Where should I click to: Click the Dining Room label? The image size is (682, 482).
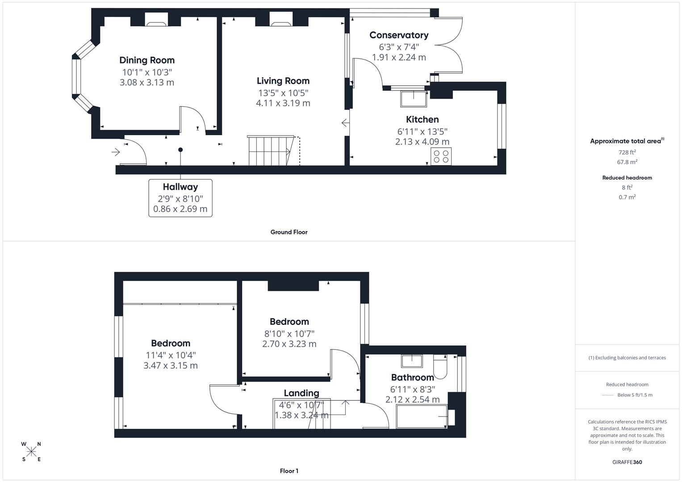coord(147,60)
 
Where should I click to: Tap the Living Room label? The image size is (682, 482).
coord(283,81)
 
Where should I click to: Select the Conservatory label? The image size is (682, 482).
coord(399,35)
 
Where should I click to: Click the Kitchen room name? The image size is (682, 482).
coord(422,120)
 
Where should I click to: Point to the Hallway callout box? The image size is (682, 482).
coord(180,198)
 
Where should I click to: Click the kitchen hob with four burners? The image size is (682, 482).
coord(441,157)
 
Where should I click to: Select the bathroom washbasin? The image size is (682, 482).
coord(412,360)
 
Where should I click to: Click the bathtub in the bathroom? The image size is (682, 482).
coord(422,416)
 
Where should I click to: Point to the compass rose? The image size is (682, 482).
coord(31,451)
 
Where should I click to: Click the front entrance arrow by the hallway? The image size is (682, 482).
coord(116,153)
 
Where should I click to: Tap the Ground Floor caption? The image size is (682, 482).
coord(289,232)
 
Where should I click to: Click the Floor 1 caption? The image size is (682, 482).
coord(289,471)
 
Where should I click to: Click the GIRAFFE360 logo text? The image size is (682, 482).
coord(627,462)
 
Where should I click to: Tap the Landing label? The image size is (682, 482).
coord(301,393)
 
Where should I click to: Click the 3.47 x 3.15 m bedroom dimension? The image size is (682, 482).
coord(170,366)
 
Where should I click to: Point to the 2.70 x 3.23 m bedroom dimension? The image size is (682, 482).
coord(289,344)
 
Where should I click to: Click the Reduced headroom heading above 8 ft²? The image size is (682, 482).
coord(627,178)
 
